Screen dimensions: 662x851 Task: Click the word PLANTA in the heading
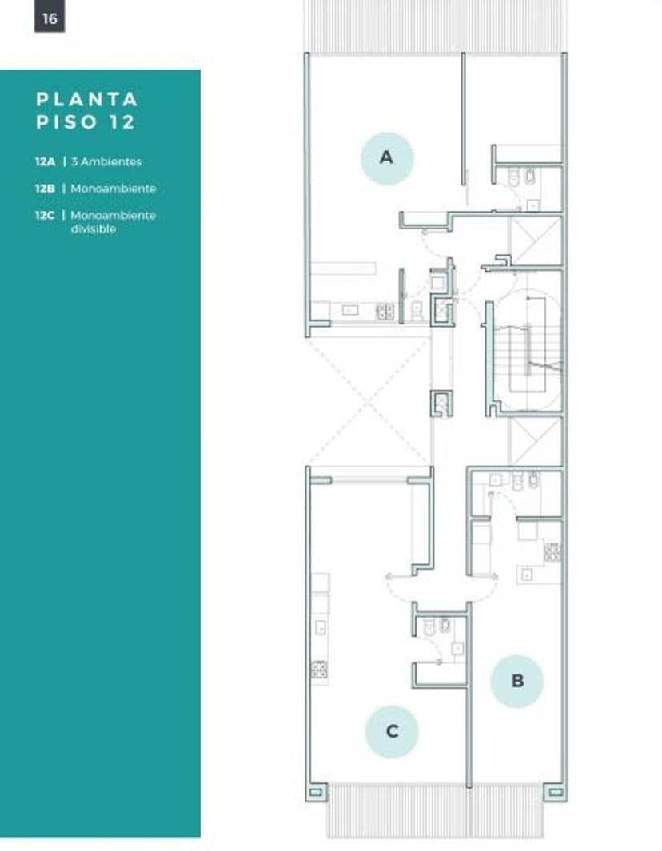point(87,99)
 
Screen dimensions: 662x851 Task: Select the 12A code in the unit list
point(45,161)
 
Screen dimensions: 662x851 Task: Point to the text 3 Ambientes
point(106,161)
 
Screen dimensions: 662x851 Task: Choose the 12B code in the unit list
point(45,189)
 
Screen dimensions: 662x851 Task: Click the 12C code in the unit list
point(45,215)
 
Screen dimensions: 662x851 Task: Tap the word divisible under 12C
point(93,229)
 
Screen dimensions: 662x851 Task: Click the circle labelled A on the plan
point(387,157)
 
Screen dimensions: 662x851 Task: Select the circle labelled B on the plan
point(516,681)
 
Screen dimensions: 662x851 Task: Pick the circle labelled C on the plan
point(392,731)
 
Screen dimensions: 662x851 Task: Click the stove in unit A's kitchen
point(385,311)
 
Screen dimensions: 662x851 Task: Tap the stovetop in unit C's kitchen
point(319,669)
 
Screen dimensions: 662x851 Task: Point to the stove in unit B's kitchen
point(552,551)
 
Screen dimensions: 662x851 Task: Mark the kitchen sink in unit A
point(349,311)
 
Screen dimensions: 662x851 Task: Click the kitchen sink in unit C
point(321,627)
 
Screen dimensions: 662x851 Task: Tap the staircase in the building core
point(528,352)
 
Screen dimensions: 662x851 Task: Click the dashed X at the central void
point(369,402)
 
